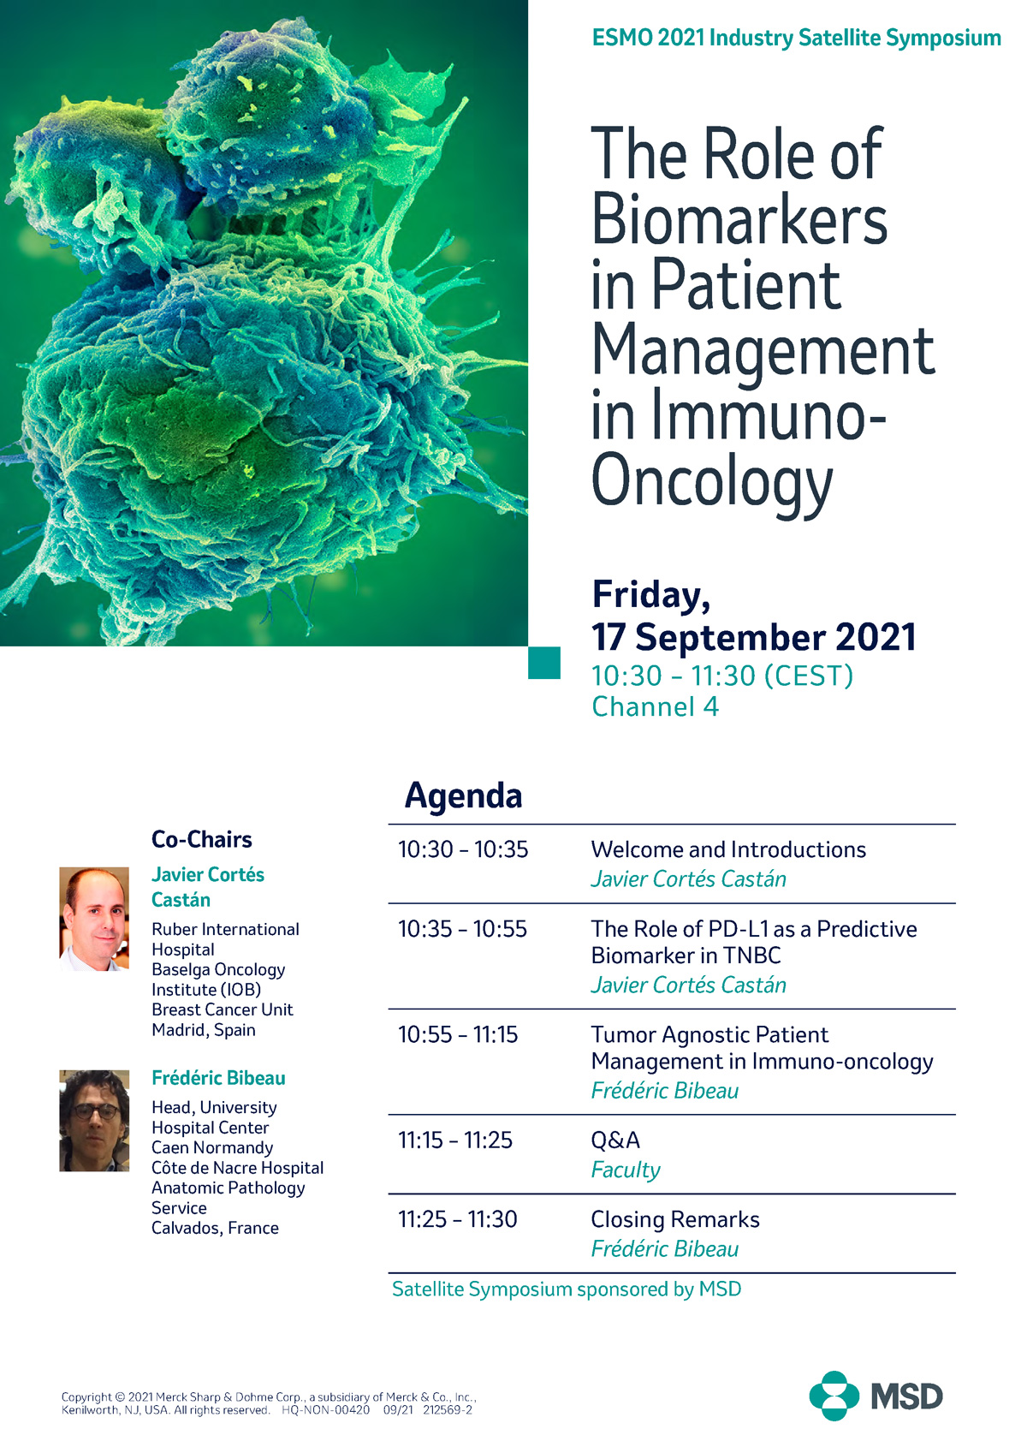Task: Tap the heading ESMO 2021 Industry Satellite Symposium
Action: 796,39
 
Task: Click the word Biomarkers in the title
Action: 739,219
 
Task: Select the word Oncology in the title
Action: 711,482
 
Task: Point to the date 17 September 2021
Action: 753,638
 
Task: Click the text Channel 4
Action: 655,707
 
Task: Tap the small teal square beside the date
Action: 544,663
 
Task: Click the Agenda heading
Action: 463,795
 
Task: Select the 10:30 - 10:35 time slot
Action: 463,849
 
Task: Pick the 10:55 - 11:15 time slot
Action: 458,1034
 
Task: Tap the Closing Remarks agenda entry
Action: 675,1219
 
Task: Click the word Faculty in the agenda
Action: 626,1170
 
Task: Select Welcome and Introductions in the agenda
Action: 728,849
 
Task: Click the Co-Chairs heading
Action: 202,839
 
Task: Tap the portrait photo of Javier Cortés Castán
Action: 94,919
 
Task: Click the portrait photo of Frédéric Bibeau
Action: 94,1120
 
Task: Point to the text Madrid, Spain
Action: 204,1030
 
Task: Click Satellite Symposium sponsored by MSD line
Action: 567,1289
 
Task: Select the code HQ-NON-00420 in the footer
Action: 325,1409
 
